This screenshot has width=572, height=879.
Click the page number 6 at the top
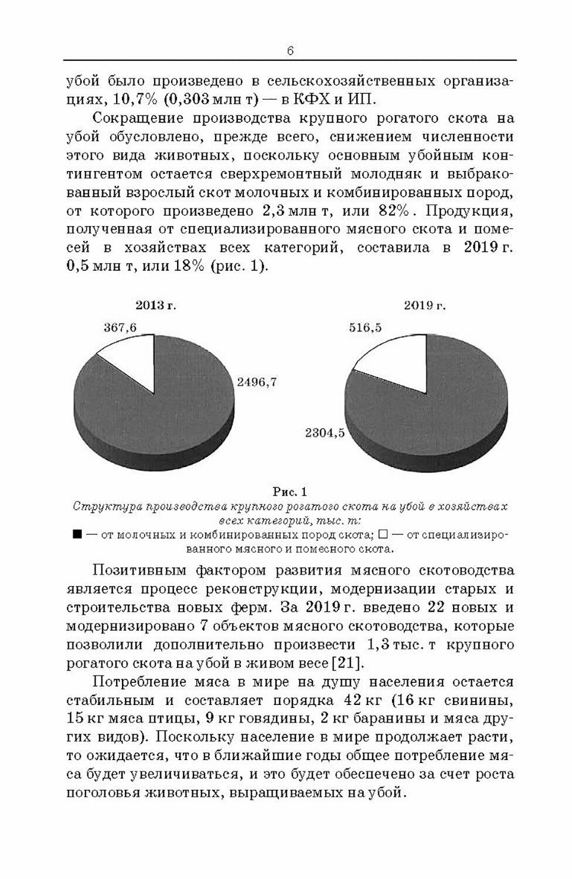[290, 51]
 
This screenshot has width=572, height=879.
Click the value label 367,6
[120, 328]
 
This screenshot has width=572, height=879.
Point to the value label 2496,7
[257, 382]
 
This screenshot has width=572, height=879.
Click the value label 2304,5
[324, 434]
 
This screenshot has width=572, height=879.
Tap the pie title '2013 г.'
[156, 305]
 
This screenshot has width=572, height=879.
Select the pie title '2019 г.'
[424, 305]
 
